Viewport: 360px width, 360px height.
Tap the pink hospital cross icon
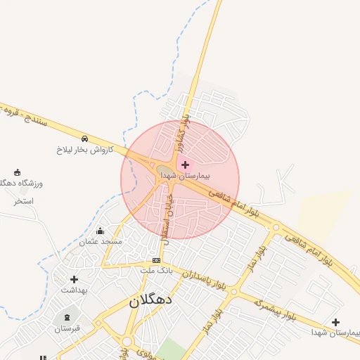185,165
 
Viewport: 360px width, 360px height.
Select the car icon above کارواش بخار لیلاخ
84,139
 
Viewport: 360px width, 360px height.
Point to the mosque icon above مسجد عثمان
100,231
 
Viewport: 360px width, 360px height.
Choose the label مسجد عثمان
101,241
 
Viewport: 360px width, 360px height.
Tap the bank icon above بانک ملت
156,260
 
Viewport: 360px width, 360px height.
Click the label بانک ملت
156,270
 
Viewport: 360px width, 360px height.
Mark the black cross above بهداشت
74,279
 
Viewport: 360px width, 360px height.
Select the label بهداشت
73,290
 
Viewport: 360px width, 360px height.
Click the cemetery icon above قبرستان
67,318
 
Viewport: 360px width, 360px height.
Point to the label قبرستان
67,328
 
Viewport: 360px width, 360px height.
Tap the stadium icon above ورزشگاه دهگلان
17,172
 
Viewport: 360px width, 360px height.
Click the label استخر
23,201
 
